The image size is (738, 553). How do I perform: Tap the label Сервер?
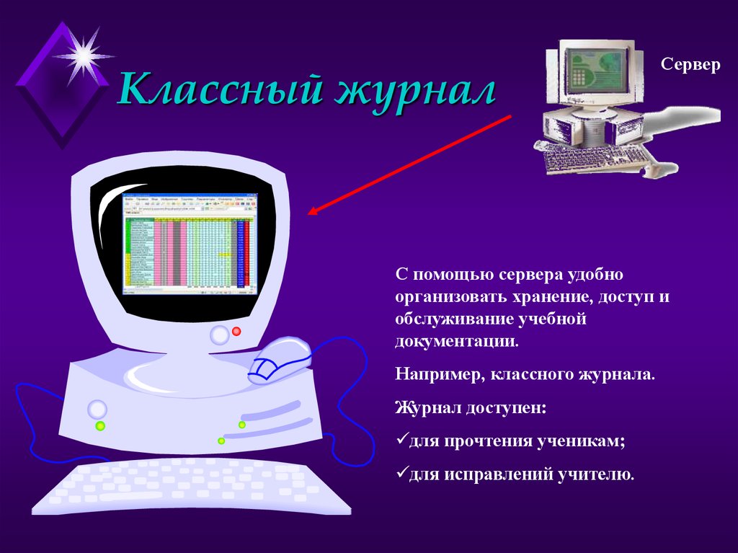[x=690, y=65]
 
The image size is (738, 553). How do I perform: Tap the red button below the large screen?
[x=236, y=331]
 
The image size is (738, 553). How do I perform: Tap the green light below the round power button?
[x=100, y=426]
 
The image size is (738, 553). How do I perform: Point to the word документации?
[x=455, y=341]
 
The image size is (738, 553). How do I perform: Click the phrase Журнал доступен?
[x=471, y=408]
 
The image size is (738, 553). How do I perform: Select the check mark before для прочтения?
[x=401, y=441]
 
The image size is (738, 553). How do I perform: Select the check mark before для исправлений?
[x=401, y=474]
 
